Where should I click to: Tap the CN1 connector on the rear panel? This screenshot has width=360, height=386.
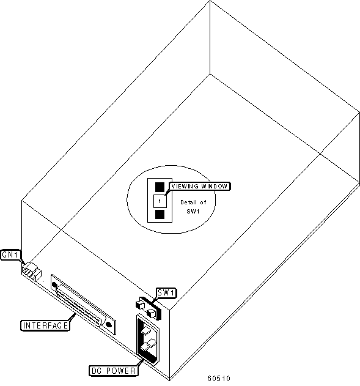32,271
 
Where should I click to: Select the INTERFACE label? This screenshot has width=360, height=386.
45,325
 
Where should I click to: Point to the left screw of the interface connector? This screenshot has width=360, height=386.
54,285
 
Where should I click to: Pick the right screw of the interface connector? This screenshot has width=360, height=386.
108,324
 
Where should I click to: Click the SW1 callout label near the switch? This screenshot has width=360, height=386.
166,293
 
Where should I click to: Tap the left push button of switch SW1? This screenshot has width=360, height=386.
141,303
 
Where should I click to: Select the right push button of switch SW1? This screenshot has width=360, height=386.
151,313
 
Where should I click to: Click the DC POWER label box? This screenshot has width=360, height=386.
113,371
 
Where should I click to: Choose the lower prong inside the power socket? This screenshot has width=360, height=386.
148,344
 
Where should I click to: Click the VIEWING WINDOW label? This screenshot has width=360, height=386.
199,187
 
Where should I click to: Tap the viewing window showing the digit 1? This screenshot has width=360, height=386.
160,201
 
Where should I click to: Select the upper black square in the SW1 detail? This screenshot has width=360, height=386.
160,187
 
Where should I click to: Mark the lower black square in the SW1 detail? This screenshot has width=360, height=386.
160,215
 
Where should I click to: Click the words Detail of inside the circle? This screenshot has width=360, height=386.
193,202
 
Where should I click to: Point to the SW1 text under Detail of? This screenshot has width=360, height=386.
193,212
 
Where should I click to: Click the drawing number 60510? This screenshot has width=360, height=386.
219,378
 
